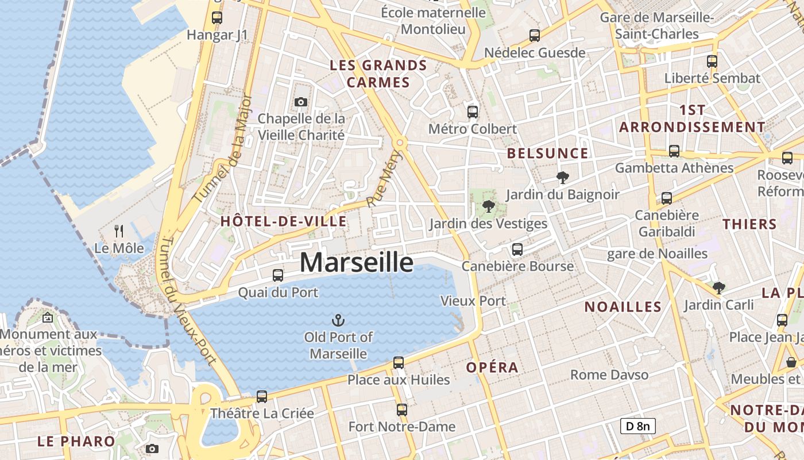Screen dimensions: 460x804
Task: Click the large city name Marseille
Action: (x=356, y=263)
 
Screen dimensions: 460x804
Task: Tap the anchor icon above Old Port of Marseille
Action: (x=338, y=320)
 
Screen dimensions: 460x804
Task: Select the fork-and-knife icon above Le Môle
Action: (x=119, y=231)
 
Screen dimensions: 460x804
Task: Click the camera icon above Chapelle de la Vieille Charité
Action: (x=300, y=102)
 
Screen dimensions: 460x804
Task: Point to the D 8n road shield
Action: (x=637, y=426)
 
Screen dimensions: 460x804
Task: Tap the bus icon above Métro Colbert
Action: (x=473, y=112)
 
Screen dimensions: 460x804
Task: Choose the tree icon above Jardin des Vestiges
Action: (x=489, y=206)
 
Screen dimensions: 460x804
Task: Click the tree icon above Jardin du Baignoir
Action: (x=562, y=178)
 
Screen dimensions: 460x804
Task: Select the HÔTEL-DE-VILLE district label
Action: (x=284, y=221)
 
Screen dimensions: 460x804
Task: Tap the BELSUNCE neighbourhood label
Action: (x=548, y=154)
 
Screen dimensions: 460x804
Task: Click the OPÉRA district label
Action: (x=492, y=367)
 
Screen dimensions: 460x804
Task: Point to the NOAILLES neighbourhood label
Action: (x=623, y=307)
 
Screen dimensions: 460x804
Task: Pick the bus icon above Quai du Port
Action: (x=278, y=275)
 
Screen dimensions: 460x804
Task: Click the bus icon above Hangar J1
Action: (x=217, y=18)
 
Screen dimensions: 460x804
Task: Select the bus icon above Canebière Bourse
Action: (x=517, y=250)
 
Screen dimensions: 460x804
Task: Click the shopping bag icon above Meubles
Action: (x=791, y=362)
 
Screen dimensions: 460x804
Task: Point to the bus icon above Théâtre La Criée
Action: (x=262, y=397)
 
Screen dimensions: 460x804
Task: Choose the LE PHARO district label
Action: (x=76, y=442)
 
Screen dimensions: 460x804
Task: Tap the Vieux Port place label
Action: (x=473, y=301)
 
